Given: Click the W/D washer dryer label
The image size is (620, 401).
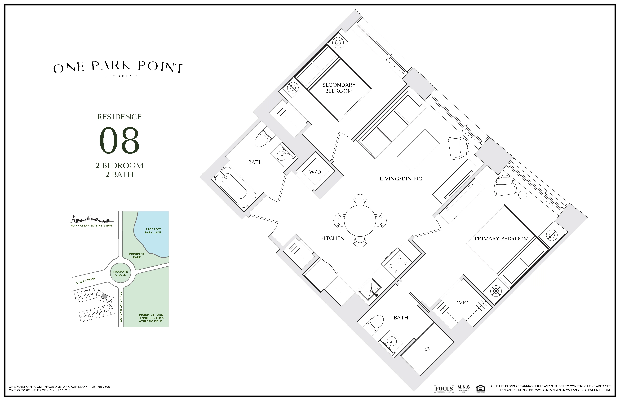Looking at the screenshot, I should pos(315,172).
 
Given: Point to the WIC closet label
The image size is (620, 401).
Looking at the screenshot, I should pos(462,303).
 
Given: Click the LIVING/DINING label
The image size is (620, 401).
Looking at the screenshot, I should pos(401,179).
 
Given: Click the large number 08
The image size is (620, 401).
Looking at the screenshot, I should pos(119,141).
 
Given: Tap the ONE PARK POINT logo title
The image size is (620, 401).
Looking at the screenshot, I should pos(119,67).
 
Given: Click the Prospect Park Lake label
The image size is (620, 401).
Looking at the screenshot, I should pos(153,231).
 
